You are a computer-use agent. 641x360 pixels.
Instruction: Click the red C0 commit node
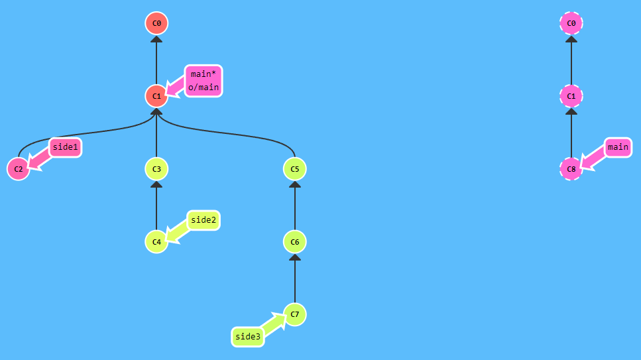[156, 24]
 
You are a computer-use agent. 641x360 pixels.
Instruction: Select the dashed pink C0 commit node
[571, 24]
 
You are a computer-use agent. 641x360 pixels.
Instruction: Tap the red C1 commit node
[156, 96]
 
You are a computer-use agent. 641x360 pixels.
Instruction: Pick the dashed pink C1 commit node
[571, 96]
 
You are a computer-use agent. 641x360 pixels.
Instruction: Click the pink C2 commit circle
[18, 169]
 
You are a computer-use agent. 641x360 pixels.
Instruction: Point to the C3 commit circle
[156, 169]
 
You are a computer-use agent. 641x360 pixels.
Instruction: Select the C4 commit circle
[156, 241]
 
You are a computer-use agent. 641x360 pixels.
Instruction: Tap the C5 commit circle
[295, 169]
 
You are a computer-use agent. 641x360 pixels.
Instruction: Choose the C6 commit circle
[295, 241]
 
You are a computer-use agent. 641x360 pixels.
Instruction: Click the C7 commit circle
[295, 314]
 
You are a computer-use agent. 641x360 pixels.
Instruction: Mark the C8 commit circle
[571, 169]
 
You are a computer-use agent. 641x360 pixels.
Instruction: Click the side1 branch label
[66, 147]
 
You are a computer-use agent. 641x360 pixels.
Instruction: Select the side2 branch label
[204, 220]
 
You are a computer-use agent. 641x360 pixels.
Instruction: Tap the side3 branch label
[248, 337]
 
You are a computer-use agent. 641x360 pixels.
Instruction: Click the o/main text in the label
[204, 88]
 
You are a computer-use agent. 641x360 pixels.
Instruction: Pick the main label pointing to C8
[618, 147]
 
